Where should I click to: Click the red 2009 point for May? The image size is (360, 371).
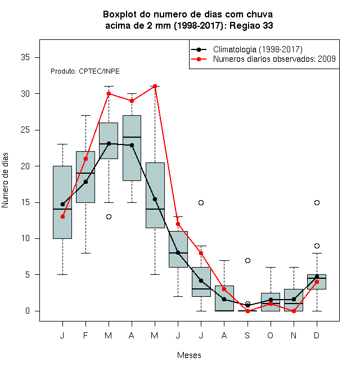(155, 86)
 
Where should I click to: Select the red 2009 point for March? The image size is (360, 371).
(109, 93)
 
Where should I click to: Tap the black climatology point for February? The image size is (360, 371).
(85, 182)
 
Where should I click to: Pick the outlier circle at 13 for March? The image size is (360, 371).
(109, 217)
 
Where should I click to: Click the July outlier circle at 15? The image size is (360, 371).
(201, 202)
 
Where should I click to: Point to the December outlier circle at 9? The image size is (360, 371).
(317, 246)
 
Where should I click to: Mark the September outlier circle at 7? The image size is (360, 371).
(247, 260)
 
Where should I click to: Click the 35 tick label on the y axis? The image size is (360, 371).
(25, 57)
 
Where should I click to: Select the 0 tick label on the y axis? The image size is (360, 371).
(28, 311)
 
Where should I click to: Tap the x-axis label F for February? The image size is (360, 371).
(85, 335)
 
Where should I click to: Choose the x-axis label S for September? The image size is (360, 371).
(247, 335)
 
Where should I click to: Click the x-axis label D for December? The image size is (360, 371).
(317, 335)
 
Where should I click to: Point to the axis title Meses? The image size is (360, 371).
(189, 355)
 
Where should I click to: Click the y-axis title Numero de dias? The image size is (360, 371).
(5, 180)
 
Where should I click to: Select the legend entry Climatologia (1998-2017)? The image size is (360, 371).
(258, 49)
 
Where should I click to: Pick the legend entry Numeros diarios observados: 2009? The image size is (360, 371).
(274, 59)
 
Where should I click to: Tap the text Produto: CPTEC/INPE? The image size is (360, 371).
(85, 71)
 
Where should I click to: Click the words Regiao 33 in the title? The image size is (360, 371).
(251, 25)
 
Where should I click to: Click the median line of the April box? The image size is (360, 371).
(132, 137)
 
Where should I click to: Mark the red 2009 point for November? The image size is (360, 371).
(294, 311)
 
